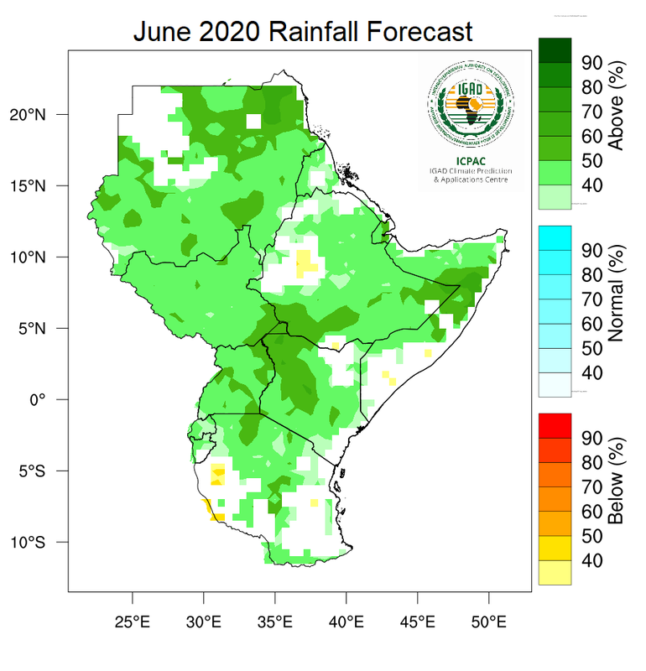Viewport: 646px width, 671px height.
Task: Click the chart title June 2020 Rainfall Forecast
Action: pyautogui.click(x=303, y=32)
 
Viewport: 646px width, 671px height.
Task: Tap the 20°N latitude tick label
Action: pyautogui.click(x=39, y=114)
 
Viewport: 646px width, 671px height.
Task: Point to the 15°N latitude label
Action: pyautogui.click(x=39, y=185)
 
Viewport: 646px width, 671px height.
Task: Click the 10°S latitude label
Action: pyautogui.click(x=39, y=542)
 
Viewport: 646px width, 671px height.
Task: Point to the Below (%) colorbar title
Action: pyautogui.click(x=617, y=481)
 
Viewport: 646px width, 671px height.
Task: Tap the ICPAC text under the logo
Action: pyautogui.click(x=468, y=162)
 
